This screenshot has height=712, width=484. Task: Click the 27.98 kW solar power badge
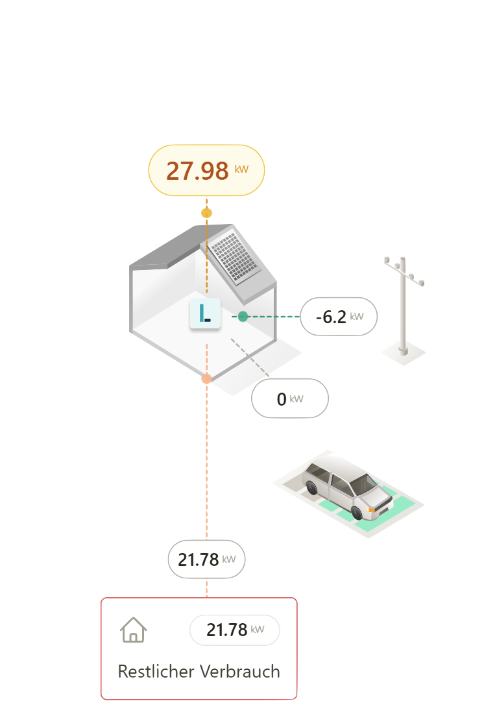tap(206, 170)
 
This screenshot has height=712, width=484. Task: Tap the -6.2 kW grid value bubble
tap(339, 317)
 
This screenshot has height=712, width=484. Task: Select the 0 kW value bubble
tap(289, 399)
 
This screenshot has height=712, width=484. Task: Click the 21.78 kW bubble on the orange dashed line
tap(206, 559)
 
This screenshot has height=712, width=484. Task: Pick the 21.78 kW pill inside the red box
tap(235, 630)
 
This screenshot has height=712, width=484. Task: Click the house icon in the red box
tap(133, 630)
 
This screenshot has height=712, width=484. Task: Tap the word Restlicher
tap(156, 671)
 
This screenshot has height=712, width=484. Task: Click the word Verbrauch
tap(240, 671)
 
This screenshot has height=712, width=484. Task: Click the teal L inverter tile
tap(205, 313)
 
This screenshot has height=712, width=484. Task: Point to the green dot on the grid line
tap(243, 317)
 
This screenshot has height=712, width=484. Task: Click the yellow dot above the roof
tap(206, 213)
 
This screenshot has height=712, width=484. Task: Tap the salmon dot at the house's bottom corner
tap(206, 378)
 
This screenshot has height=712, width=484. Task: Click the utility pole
tap(403, 306)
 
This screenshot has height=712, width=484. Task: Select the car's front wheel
tap(357, 513)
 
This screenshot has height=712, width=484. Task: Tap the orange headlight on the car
tap(370, 510)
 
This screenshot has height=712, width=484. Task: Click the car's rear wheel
tap(311, 487)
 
